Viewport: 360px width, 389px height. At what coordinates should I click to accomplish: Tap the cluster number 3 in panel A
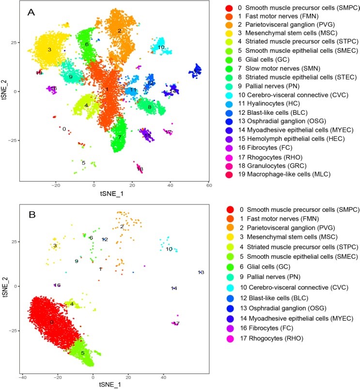click(x=49, y=50)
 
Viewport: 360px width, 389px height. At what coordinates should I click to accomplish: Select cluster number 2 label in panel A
click(x=119, y=31)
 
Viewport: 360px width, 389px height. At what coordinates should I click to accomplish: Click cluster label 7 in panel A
click(x=119, y=137)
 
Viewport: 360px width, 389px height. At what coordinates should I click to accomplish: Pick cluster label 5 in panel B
click(x=82, y=353)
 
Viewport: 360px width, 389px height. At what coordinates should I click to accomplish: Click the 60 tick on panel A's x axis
click(x=209, y=185)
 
